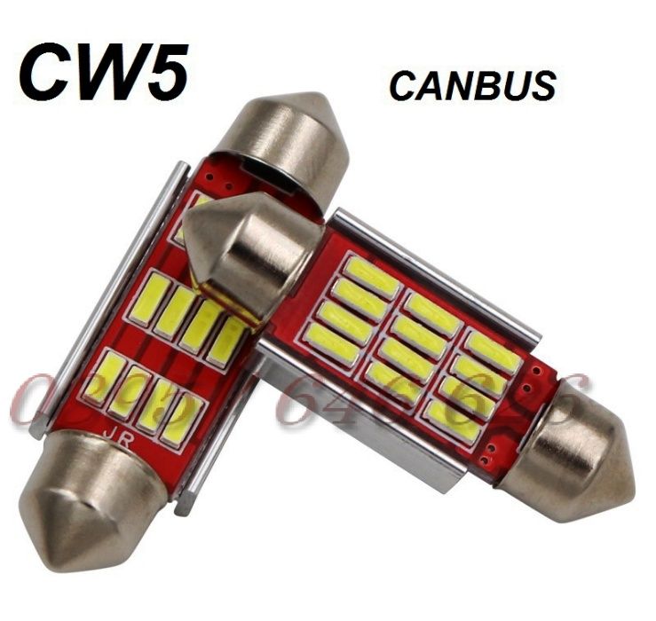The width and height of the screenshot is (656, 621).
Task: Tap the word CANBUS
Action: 472,85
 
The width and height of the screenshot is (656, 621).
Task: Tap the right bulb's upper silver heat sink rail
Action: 435,266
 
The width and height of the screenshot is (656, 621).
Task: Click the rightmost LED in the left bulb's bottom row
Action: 181,413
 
